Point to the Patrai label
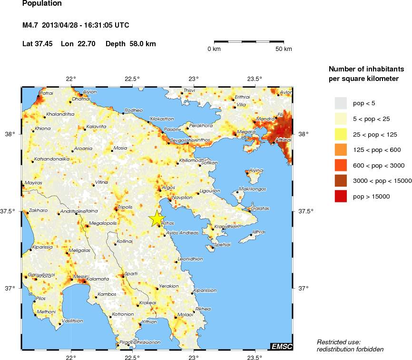(x=46, y=93)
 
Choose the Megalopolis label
(x=103, y=223)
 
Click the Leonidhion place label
(x=190, y=260)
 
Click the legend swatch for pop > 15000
(x=341, y=196)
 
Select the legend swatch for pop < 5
(x=341, y=103)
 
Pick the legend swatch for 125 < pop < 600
(x=341, y=150)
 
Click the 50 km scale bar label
(x=284, y=49)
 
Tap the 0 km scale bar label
(x=214, y=49)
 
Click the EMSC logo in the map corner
(x=281, y=346)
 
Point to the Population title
(x=42, y=4)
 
